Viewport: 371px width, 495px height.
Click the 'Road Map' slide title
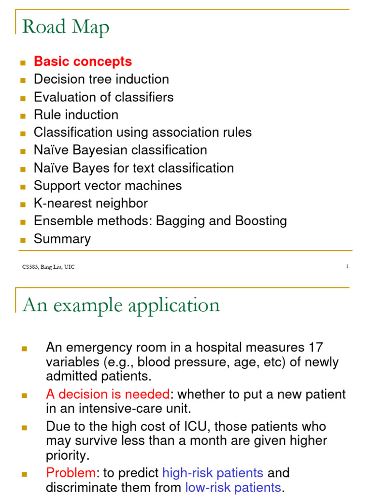pos(66,28)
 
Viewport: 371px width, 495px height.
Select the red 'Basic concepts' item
pos(83,62)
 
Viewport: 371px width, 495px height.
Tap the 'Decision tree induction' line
pos(101,79)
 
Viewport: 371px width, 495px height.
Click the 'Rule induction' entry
pos(76,115)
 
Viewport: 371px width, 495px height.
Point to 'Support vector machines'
pos(108,186)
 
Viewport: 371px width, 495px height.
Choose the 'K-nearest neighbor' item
pos(91,204)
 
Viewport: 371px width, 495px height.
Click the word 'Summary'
pos(62,239)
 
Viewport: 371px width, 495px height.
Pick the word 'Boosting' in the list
pos(261,221)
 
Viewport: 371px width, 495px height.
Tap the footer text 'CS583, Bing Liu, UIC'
pos(48,267)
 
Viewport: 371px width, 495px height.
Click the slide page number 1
pos(347,267)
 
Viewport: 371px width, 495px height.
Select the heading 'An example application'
pos(121,305)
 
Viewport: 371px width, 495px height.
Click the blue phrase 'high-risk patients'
pos(213,473)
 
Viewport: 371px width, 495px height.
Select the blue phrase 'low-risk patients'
pos(233,487)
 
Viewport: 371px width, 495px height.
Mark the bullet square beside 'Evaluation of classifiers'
pos(22,98)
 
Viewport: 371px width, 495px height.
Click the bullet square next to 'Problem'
pos(25,474)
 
